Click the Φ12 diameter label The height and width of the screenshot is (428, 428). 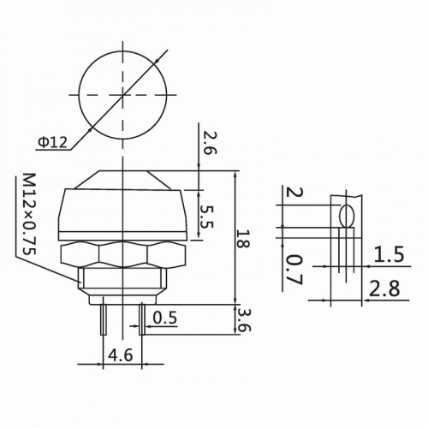pyautogui.click(x=52, y=142)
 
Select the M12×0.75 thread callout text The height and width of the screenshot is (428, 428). pyautogui.click(x=28, y=215)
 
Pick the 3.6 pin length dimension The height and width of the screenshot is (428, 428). pyautogui.click(x=246, y=321)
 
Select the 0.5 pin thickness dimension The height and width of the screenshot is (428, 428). pyautogui.click(x=165, y=319)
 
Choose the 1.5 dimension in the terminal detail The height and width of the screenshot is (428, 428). pyautogui.click(x=389, y=254)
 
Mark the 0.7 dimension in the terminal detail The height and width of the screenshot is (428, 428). pyautogui.click(x=293, y=267)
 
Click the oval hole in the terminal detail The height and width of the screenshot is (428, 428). pyautogui.click(x=348, y=215)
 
